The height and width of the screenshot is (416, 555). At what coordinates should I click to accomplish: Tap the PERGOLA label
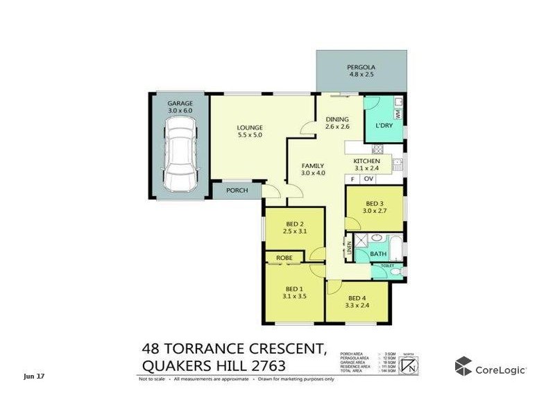361,68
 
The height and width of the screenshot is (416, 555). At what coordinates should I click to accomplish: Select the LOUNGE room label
249,128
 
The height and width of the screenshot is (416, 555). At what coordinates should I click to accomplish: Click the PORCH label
237,190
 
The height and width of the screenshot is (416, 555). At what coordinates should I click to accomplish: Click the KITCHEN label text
367,161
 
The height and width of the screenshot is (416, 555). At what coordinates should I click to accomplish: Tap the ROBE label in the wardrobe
284,258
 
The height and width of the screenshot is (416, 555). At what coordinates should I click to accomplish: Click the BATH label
378,254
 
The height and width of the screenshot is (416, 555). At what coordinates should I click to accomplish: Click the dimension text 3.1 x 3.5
295,297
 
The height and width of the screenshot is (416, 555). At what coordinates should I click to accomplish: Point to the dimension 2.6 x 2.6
337,128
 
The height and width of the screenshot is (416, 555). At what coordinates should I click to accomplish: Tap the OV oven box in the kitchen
369,180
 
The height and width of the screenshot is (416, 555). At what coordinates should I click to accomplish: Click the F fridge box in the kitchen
352,180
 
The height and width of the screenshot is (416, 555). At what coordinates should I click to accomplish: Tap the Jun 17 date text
33,376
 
